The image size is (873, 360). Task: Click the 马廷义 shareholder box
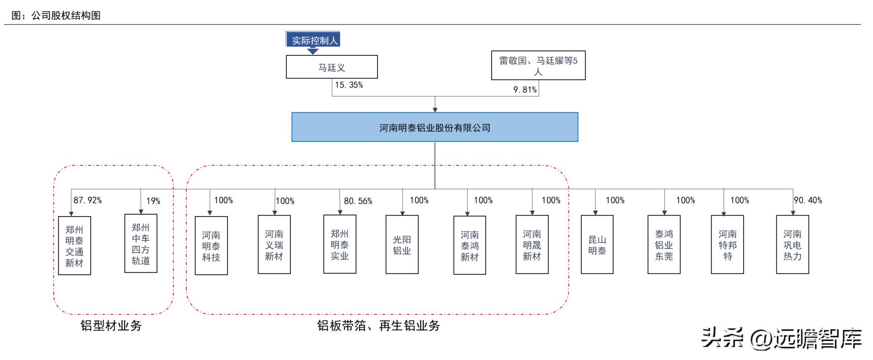coord(332,67)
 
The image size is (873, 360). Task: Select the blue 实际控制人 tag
coord(313,40)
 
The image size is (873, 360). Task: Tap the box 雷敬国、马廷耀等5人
coord(538,66)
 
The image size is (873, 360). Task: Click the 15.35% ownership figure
coord(349,85)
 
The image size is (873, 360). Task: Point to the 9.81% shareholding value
coord(525,90)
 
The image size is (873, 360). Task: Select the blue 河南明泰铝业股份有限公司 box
coord(435,127)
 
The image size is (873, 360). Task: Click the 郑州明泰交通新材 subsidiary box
coord(74,245)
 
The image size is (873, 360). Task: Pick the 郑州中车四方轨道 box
coord(141,243)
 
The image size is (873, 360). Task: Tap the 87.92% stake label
coord(88,200)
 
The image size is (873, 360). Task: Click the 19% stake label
coord(153,201)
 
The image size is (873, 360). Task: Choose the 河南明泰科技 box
coord(211,245)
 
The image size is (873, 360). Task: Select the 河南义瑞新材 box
coord(274,244)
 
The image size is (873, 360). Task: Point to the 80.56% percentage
coord(358,201)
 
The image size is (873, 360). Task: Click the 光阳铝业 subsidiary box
coord(402,244)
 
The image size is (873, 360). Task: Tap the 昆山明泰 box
coord(597,244)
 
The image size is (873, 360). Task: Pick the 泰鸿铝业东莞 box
coord(664,244)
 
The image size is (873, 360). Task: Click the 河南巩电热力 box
coord(792,244)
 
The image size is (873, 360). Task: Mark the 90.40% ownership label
coord(808,200)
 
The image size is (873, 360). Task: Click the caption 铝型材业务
coord(111,326)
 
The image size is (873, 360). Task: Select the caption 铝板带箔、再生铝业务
coord(378,326)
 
